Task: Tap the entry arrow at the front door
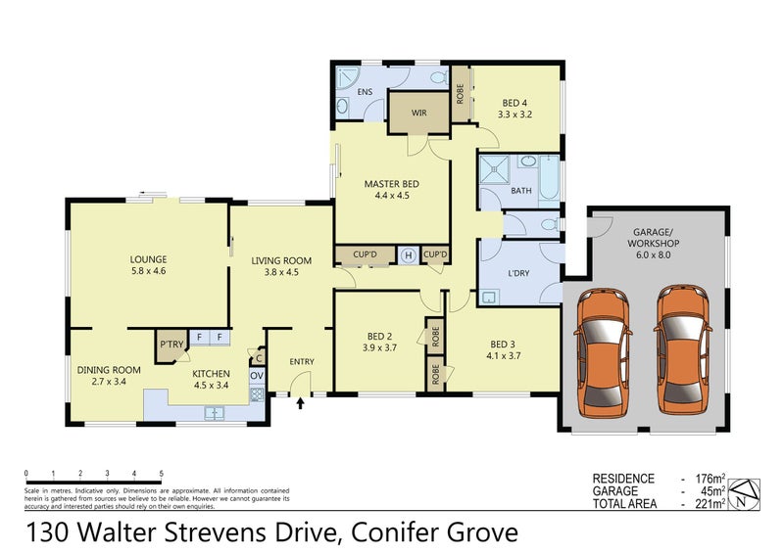(x=300, y=401)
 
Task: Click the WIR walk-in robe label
(x=418, y=114)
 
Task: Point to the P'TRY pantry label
(x=171, y=345)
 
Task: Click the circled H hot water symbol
(x=408, y=255)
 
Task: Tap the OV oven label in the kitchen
(x=256, y=375)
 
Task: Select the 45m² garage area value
(x=712, y=491)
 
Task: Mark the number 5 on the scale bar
(x=161, y=473)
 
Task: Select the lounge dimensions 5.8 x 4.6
(x=148, y=273)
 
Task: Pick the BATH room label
(x=521, y=190)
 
